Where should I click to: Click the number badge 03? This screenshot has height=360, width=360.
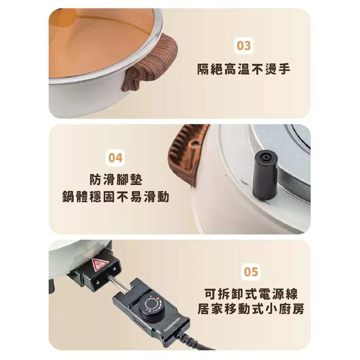[x=243, y=45]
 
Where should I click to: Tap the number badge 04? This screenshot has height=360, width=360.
[x=115, y=158]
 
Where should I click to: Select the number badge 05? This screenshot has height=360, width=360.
[x=251, y=272]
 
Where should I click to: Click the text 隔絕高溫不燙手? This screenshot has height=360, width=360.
[x=244, y=69]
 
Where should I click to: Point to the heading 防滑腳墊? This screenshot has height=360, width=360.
[x=116, y=179]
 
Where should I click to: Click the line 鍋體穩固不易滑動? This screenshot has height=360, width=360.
[x=116, y=197]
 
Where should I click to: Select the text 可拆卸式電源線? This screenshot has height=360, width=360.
[x=251, y=294]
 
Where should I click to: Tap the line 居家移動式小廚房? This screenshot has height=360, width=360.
[x=251, y=309]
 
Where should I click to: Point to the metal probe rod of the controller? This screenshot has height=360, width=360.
[x=117, y=284]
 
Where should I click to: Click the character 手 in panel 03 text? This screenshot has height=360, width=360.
[x=284, y=69]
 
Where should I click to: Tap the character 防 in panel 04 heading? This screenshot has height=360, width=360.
[x=95, y=179]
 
